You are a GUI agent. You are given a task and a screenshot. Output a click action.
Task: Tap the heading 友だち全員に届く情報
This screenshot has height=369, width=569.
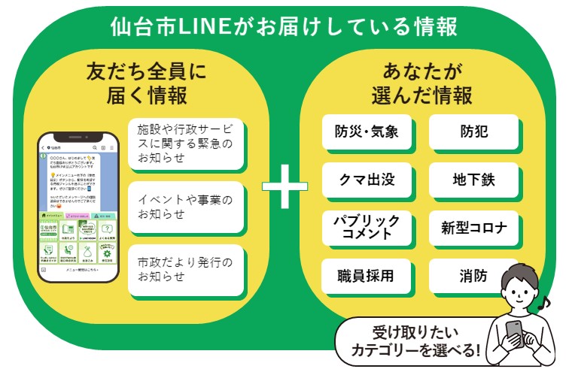146,84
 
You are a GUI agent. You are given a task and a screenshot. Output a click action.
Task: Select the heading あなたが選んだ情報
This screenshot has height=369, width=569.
421,84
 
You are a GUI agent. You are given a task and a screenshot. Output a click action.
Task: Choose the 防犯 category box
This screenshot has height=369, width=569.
474,133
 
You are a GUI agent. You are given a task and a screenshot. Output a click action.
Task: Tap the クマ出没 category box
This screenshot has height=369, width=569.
367,180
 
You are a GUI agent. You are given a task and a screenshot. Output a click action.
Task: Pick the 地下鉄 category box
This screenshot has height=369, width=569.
474,180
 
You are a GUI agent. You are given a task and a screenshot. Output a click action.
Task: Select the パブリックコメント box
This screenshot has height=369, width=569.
367,227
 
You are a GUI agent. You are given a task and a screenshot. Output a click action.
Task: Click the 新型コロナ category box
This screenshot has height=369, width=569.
474,228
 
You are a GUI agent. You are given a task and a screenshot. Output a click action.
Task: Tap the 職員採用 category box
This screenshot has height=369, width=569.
367,276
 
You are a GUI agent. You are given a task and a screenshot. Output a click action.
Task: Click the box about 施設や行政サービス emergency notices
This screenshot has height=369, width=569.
186,143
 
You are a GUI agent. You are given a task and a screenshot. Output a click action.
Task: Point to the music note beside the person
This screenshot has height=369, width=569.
555,303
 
